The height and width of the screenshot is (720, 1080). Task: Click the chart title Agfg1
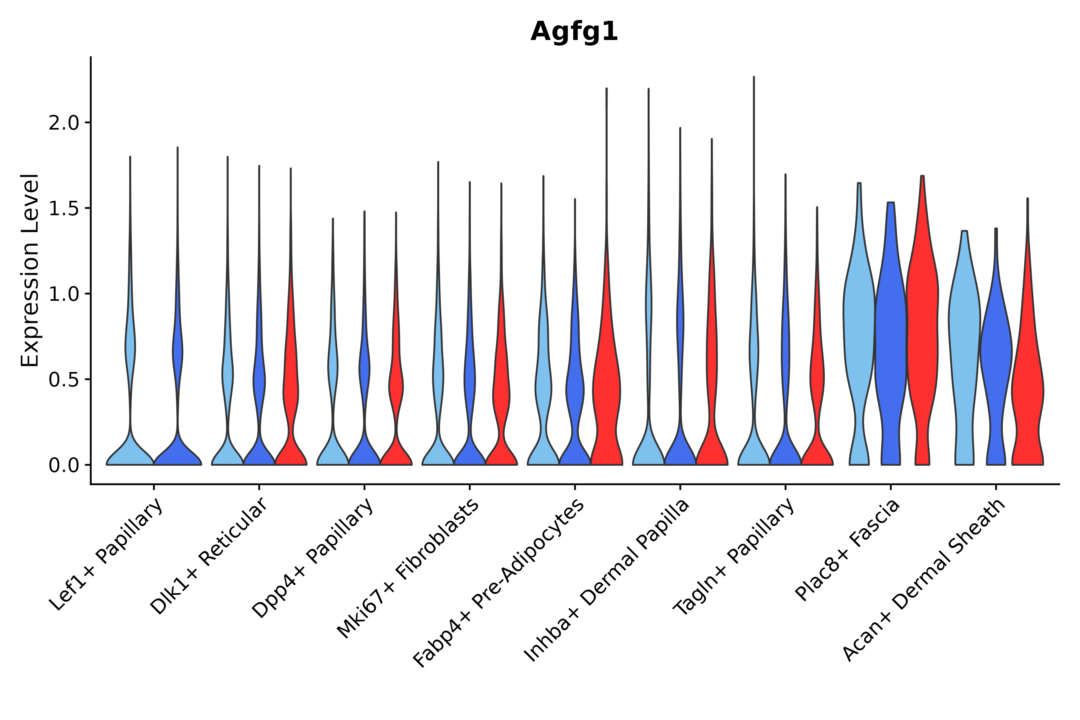[574, 32]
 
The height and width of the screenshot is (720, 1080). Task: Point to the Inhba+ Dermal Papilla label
[607, 580]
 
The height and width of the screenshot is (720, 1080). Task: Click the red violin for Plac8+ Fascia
[922, 344]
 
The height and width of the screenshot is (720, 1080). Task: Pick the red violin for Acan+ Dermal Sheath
[1028, 390]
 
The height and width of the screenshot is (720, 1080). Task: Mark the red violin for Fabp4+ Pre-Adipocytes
[606, 390]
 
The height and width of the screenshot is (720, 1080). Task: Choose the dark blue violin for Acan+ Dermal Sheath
[996, 358]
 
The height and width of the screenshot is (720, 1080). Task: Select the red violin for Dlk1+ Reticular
[291, 390]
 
